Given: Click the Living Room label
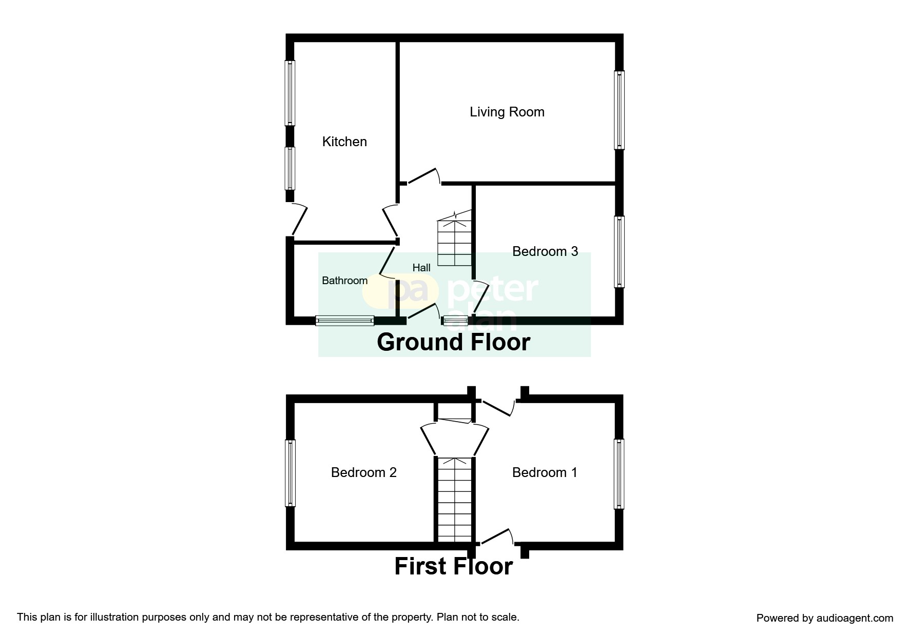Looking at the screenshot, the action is point(507,112).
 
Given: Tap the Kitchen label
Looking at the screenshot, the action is point(344,142).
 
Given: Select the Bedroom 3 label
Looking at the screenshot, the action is point(545,251).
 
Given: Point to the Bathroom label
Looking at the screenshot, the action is point(344,281).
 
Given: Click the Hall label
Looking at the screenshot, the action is point(421,268).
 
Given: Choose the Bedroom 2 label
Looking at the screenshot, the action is point(364,472).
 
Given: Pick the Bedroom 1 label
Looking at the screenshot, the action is point(545,472).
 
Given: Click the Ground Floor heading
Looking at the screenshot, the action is point(453,342).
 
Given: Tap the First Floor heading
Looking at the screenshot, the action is point(454,566).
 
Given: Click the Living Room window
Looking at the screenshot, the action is point(620,110).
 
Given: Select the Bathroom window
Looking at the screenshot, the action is point(345,321).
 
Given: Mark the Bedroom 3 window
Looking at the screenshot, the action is point(620,252).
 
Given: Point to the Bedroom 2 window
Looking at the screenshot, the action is point(291,473).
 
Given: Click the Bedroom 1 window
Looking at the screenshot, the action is point(620,474).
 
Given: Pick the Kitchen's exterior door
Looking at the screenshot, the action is point(299,220).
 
